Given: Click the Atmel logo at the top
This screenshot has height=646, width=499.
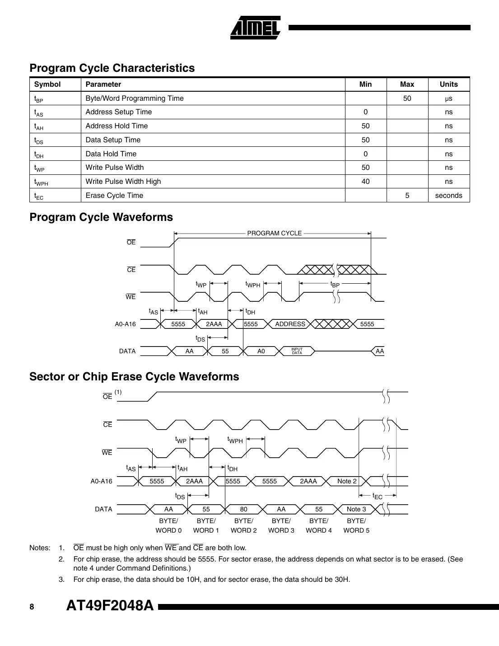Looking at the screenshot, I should coord(255,28).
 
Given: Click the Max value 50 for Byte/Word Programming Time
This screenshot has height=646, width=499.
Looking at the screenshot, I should coord(407,98).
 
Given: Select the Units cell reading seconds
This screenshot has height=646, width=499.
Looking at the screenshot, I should coord(448,196).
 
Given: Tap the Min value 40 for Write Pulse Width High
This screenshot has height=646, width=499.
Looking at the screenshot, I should coord(365,182).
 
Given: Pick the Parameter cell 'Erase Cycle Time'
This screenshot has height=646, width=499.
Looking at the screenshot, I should coord(114,196).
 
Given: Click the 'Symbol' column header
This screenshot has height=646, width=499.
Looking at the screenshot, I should coord(47,84).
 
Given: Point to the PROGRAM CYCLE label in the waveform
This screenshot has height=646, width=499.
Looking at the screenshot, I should coord(274,233).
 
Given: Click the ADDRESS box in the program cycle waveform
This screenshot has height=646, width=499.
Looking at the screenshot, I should coord(290,324).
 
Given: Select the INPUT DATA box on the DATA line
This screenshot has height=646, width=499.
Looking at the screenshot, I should coord(297,351).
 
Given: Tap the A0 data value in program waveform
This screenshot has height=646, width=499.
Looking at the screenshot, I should coord(261,351).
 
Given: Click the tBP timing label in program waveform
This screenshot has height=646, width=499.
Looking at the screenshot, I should coord(335,285).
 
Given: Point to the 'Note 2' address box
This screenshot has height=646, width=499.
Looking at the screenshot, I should coord(347,481).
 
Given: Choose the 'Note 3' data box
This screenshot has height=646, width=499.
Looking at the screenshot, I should coord(356,509).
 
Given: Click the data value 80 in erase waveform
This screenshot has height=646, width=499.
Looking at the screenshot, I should coord(243,509).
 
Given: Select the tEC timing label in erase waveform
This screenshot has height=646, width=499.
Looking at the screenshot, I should coord(377,496).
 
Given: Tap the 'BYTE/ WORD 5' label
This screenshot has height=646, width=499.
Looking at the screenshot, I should coord(356,525).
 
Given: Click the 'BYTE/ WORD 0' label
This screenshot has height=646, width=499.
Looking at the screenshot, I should coord(168,525).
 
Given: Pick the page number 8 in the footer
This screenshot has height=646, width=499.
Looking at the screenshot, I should coord(32,607).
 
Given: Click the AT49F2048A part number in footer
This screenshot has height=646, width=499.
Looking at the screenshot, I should coord(110,606).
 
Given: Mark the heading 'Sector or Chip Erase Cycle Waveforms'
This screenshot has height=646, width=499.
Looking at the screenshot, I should coord(134,377).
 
